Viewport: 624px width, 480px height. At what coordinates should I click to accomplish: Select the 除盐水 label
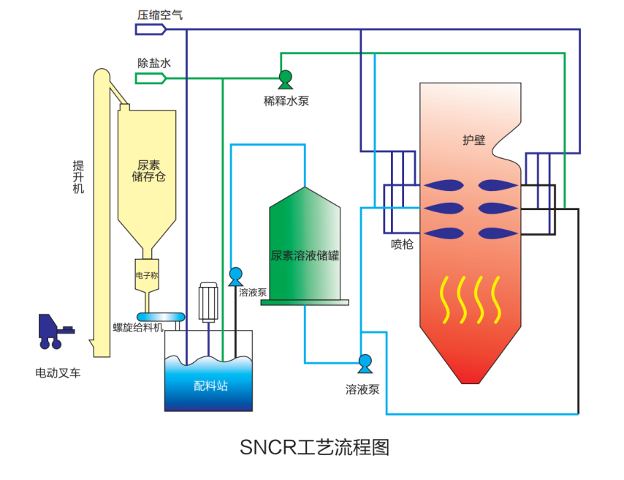point(154,64)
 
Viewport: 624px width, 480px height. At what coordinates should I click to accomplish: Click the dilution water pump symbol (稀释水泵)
point(285,78)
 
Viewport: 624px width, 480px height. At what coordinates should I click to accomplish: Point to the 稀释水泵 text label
point(286,101)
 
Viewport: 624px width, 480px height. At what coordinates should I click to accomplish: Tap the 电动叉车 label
point(58,372)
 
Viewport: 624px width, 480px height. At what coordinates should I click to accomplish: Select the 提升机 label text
point(78,176)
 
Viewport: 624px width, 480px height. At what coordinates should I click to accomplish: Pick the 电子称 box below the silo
point(147,276)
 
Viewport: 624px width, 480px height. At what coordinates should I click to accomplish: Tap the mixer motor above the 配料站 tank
point(210,301)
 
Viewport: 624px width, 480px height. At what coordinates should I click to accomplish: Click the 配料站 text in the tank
point(210,385)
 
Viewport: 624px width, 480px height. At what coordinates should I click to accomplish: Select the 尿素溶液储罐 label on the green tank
point(305,256)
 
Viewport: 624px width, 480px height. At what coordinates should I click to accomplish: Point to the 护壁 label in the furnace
point(474,140)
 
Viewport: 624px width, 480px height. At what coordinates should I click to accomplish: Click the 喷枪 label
point(402,244)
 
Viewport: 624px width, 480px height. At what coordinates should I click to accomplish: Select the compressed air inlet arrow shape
point(151,29)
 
